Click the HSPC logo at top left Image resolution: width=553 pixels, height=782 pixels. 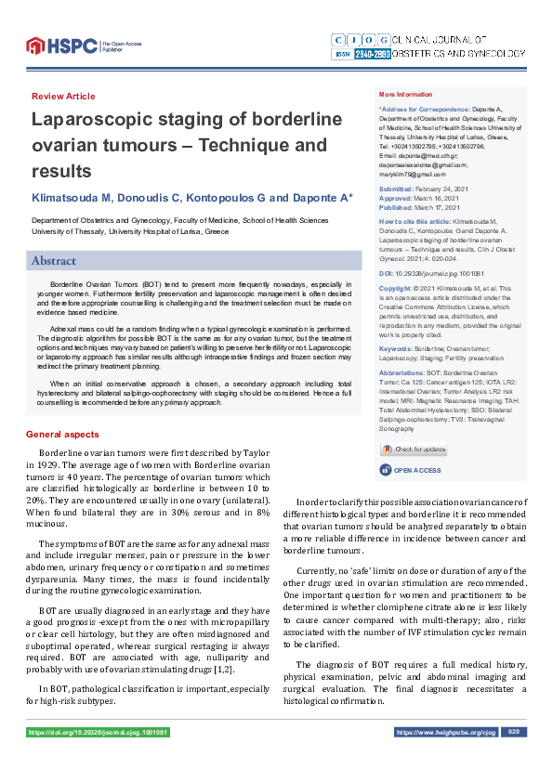(60, 45)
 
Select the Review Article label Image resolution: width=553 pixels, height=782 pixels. (63, 97)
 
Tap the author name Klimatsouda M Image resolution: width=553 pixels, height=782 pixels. (72, 199)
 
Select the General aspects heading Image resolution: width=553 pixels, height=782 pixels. (62, 435)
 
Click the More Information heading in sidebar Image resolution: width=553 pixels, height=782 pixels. (405, 95)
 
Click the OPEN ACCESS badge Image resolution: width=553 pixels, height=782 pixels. (415, 471)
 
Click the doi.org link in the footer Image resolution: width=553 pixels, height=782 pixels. (99, 732)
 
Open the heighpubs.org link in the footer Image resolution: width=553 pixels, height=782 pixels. (446, 732)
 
